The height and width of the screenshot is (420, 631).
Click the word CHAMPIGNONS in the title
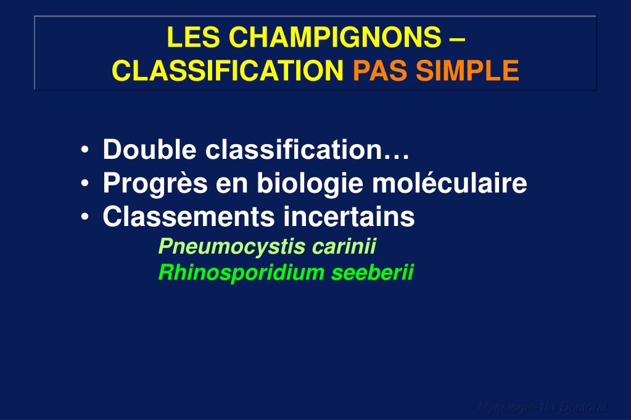pyautogui.click(x=335, y=38)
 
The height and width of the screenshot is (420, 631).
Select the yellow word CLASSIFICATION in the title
pyautogui.click(x=228, y=71)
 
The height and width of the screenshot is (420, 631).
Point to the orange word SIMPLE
pyautogui.click(x=467, y=71)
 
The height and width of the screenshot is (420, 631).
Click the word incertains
pyautogui.click(x=349, y=217)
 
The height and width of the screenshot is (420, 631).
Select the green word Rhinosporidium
pyautogui.click(x=241, y=272)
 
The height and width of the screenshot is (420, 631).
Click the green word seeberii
pyautogui.click(x=373, y=272)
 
